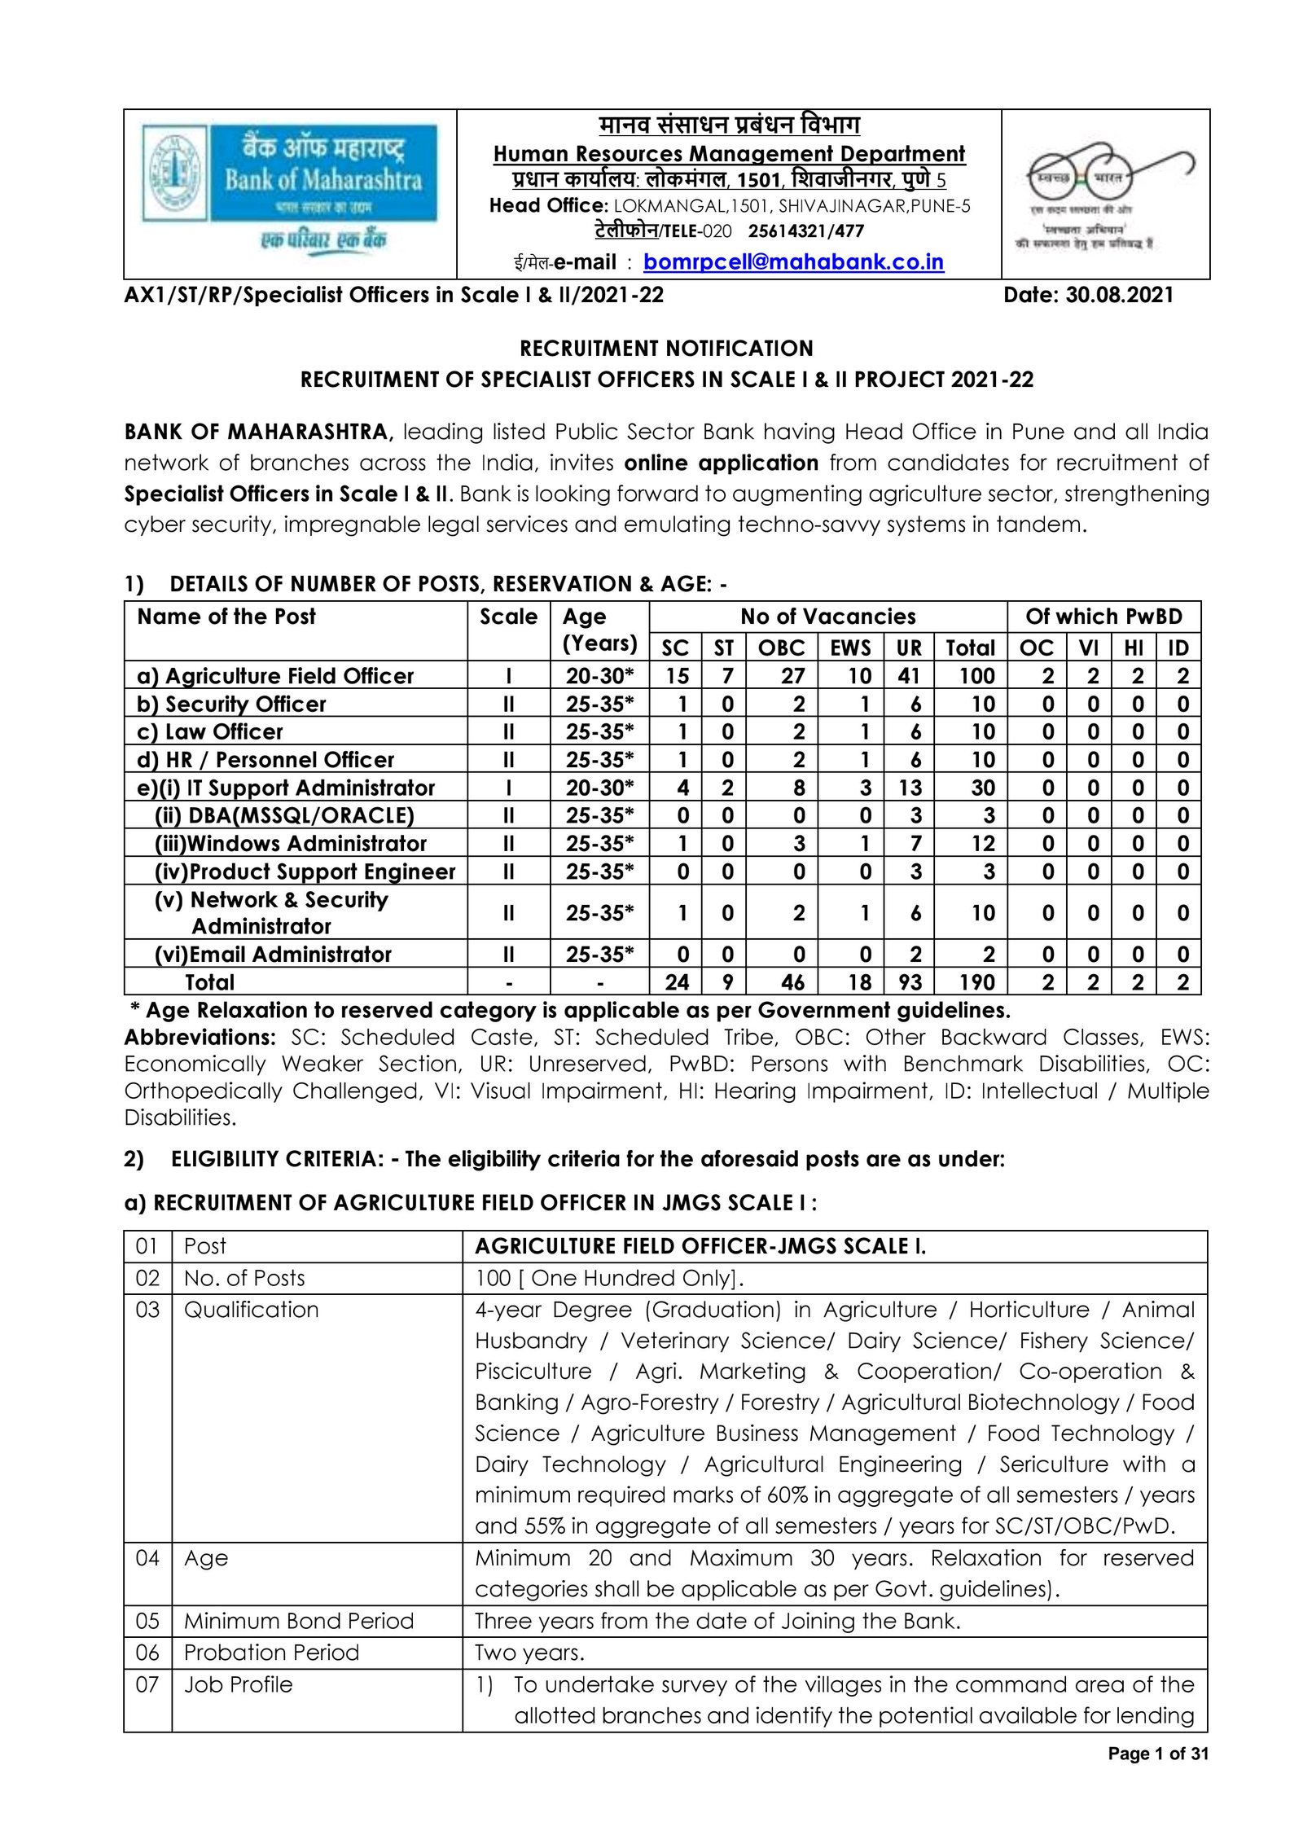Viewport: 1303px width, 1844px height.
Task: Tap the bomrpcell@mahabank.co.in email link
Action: coord(793,262)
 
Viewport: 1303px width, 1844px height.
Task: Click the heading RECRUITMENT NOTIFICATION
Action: coord(666,349)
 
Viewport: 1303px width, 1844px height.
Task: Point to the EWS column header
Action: coord(850,648)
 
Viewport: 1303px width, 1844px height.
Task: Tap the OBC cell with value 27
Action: coord(792,676)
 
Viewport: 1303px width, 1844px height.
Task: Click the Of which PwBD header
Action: coord(1103,617)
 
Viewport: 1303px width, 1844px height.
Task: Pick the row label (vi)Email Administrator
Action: coord(273,955)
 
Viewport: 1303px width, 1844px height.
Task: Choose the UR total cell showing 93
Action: coord(910,982)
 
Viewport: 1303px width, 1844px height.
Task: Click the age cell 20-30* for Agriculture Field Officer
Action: coord(599,676)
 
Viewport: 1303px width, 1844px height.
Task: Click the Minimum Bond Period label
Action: coord(298,1621)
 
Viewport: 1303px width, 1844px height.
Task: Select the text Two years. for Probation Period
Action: coord(529,1653)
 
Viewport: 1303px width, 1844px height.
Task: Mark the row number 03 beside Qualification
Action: coord(147,1310)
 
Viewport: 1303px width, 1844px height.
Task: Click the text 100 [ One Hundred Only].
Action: coord(609,1278)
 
